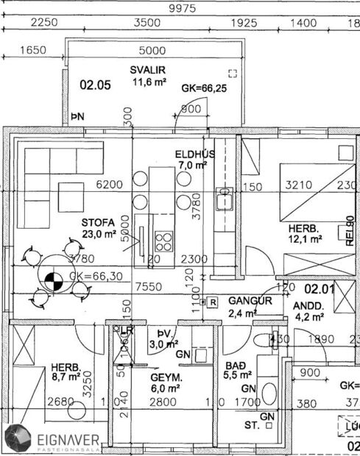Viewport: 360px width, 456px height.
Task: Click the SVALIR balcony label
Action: tap(147, 70)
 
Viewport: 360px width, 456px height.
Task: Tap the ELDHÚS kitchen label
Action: tap(194, 154)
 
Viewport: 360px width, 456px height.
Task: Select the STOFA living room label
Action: tap(99, 222)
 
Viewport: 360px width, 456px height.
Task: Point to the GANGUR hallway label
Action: tap(250, 301)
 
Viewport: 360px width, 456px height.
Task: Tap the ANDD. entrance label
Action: tap(308, 305)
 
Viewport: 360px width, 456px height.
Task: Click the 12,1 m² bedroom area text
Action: tap(306, 239)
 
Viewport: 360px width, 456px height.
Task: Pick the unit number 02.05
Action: tap(95, 85)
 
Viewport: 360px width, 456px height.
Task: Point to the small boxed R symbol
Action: tap(212, 302)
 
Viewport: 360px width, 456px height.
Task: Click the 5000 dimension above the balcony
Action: tap(152, 51)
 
